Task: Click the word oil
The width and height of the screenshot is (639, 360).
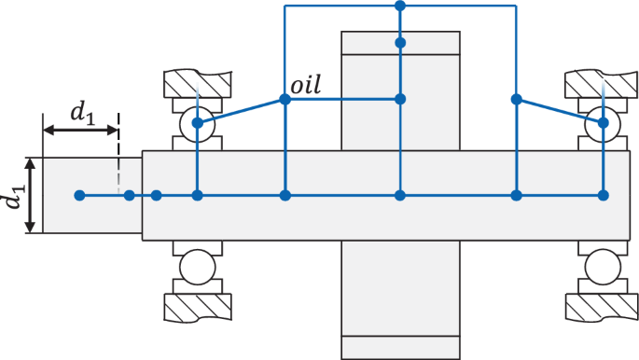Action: click(x=306, y=86)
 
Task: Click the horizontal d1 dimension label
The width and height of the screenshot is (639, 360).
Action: click(x=82, y=113)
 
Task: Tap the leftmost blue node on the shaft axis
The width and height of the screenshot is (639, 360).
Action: click(x=79, y=195)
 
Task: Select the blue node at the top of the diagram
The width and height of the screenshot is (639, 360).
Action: click(x=400, y=6)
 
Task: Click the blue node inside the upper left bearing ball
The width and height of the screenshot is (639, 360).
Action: click(x=197, y=122)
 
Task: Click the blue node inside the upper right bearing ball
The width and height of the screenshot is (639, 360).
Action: click(x=604, y=122)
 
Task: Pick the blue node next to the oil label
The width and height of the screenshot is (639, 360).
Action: click(x=285, y=99)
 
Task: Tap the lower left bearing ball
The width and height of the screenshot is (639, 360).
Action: click(x=197, y=268)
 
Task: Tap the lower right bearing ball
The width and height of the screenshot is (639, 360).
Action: click(x=604, y=268)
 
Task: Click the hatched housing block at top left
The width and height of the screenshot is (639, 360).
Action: click(x=197, y=84)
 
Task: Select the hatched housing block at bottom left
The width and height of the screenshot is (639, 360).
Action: click(x=197, y=306)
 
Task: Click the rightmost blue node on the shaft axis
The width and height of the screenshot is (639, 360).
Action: click(x=604, y=195)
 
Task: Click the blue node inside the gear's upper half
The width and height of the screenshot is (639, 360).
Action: click(x=400, y=99)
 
